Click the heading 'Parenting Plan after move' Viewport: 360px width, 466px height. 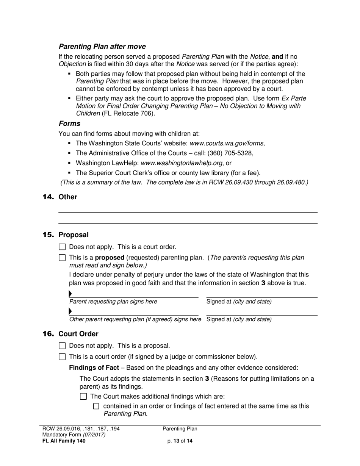point(102,47)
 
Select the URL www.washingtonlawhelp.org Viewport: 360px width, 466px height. point(182,163)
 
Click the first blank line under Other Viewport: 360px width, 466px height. point(188,212)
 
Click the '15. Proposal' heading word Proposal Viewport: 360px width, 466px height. point(74,235)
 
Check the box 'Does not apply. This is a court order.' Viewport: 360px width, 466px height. point(63,247)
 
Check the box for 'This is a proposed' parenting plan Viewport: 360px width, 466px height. point(63,258)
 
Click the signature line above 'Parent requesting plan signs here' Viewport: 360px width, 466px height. point(134,297)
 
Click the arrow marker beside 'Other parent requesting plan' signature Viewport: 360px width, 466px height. point(70,311)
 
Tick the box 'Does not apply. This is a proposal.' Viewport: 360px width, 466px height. point(63,346)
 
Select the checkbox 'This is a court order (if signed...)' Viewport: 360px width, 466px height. point(63,357)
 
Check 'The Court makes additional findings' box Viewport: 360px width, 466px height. point(84,397)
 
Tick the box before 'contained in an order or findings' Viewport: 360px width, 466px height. point(96,407)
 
